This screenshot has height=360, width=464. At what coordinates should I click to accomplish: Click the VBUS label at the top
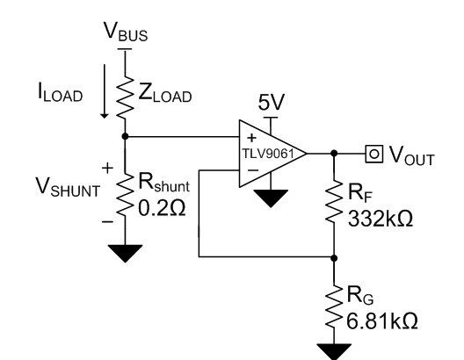click(x=126, y=32)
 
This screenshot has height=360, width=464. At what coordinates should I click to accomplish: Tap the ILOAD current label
click(x=60, y=93)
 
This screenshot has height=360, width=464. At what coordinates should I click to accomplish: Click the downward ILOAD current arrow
click(x=105, y=91)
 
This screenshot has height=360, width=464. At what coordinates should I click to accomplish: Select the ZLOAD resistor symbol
click(x=125, y=97)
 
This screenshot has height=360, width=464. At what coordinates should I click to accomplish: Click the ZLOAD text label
click(x=165, y=93)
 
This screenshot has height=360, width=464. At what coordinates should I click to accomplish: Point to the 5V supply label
click(x=272, y=102)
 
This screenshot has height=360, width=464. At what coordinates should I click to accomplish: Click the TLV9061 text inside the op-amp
click(x=268, y=154)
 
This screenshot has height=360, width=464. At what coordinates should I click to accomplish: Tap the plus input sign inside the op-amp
click(x=251, y=138)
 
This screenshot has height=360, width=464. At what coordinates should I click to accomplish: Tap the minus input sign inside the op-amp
click(x=253, y=170)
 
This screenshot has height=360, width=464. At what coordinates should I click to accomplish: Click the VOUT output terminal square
click(x=374, y=154)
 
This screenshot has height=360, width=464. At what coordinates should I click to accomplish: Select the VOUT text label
click(x=411, y=155)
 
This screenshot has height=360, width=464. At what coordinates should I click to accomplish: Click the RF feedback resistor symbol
click(x=334, y=201)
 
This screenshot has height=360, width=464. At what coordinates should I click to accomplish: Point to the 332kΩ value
click(x=381, y=219)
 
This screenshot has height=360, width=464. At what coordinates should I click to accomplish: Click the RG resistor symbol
click(x=334, y=306)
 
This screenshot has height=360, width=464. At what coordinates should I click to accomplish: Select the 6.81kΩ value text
click(x=382, y=321)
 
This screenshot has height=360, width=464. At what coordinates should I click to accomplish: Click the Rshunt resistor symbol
click(x=125, y=194)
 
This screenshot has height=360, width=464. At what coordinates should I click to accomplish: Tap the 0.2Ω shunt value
click(x=162, y=208)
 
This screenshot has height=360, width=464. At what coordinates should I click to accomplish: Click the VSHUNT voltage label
click(x=68, y=187)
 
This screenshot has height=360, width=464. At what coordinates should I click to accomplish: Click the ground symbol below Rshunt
click(x=125, y=254)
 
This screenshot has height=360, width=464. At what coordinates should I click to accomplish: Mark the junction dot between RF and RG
click(x=334, y=258)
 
